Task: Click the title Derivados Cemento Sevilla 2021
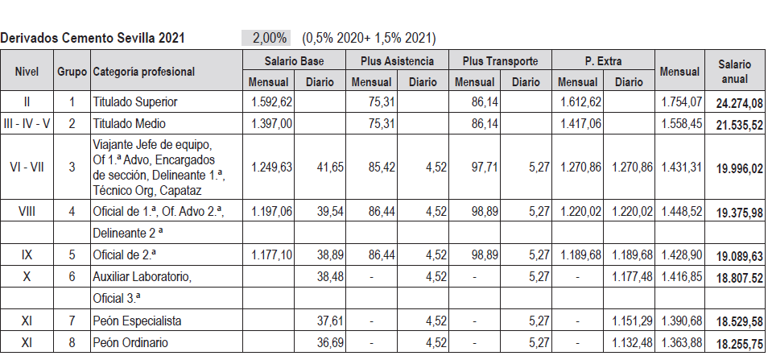(x=93, y=38)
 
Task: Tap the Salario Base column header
(x=294, y=61)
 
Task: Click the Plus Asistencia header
(x=395, y=61)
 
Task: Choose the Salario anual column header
(x=735, y=71)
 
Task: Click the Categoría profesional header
(x=144, y=72)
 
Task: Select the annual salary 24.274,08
(x=734, y=102)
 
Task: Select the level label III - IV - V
(x=27, y=124)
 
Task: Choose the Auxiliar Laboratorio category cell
(x=142, y=276)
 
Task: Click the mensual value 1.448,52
(x=681, y=211)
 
